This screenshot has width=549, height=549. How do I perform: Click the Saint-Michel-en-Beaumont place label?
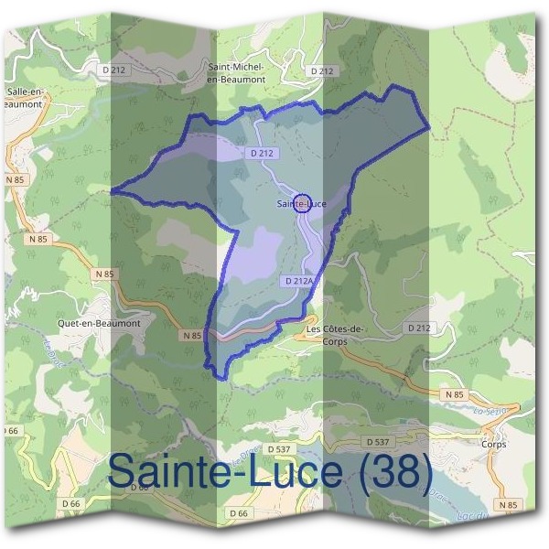(x=237, y=73)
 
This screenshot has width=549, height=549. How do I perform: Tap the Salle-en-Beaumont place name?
(x=26, y=97)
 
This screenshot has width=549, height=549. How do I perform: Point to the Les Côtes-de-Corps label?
(x=335, y=335)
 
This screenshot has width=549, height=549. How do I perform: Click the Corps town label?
(x=491, y=444)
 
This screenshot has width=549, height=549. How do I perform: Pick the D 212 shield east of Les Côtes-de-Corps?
(x=418, y=327)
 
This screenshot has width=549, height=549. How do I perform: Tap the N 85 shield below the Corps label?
(x=508, y=504)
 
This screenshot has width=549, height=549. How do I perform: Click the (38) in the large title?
(x=393, y=472)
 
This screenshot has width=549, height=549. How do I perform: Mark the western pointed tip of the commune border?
(x=112, y=191)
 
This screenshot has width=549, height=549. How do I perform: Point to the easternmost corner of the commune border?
(x=429, y=127)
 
